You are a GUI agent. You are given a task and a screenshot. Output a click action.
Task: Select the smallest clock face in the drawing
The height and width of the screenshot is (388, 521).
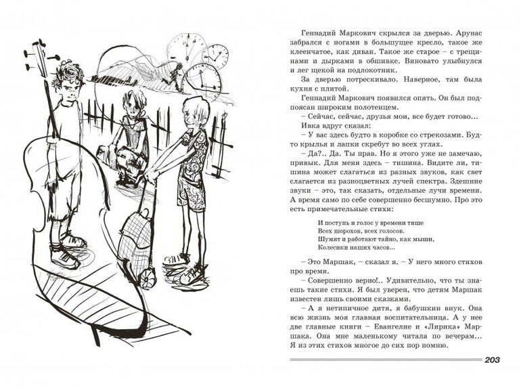tap(216, 54)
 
